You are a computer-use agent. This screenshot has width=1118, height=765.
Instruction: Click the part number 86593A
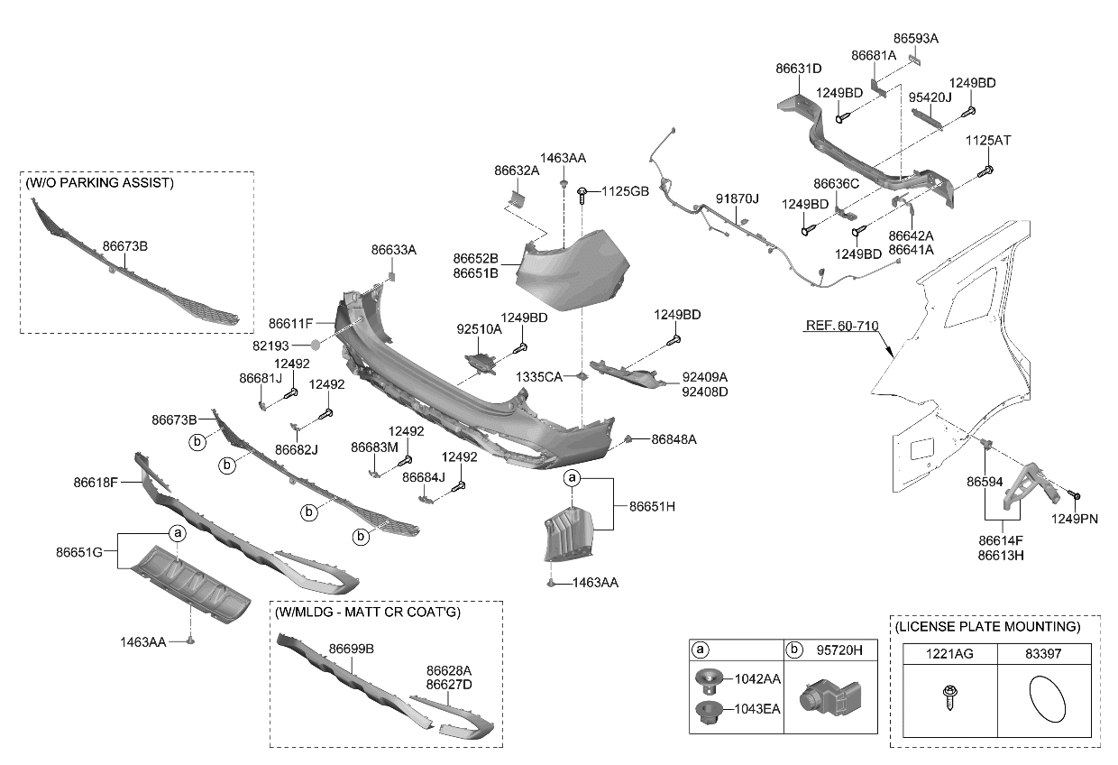pos(916,39)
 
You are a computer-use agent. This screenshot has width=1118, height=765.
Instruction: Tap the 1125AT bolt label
pos(988,141)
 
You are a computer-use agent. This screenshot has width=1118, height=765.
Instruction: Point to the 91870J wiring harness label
pos(738,198)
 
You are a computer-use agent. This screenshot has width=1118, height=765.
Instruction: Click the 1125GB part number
pos(626,191)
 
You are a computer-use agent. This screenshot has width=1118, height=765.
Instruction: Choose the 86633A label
pos(394,249)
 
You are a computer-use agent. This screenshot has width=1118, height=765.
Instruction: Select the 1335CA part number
pos(539,376)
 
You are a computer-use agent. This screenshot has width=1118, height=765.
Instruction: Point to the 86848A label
pos(674,439)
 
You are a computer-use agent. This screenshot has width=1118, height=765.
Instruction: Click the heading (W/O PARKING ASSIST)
pos(99,182)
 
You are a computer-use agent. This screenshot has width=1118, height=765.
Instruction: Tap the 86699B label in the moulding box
pos(351,649)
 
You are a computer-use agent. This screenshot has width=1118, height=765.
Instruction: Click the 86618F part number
pos(96,483)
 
